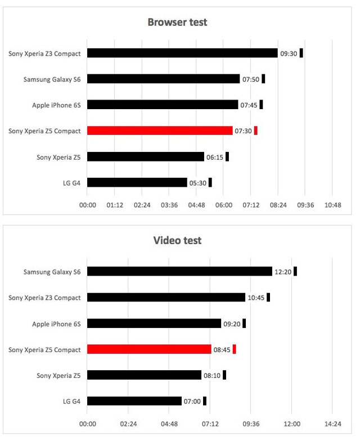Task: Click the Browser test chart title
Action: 177,22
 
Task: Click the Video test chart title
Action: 177,241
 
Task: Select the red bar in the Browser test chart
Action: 160,130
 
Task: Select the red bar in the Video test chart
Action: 149,349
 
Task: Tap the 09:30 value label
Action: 289,53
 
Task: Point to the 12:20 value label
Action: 282,272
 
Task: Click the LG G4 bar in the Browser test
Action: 137,182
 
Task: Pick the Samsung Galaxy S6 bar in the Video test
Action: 179,271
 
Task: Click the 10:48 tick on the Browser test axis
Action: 333,205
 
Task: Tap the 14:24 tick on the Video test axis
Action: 332,424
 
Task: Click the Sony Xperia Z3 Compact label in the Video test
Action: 44,298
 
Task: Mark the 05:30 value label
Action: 197,183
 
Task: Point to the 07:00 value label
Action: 192,401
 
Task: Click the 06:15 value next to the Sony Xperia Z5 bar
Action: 215,157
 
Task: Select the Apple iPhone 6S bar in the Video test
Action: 154,323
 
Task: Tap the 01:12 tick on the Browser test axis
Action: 115,205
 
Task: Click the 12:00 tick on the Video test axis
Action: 291,424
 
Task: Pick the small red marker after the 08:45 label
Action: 235,349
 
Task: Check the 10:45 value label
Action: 256,298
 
